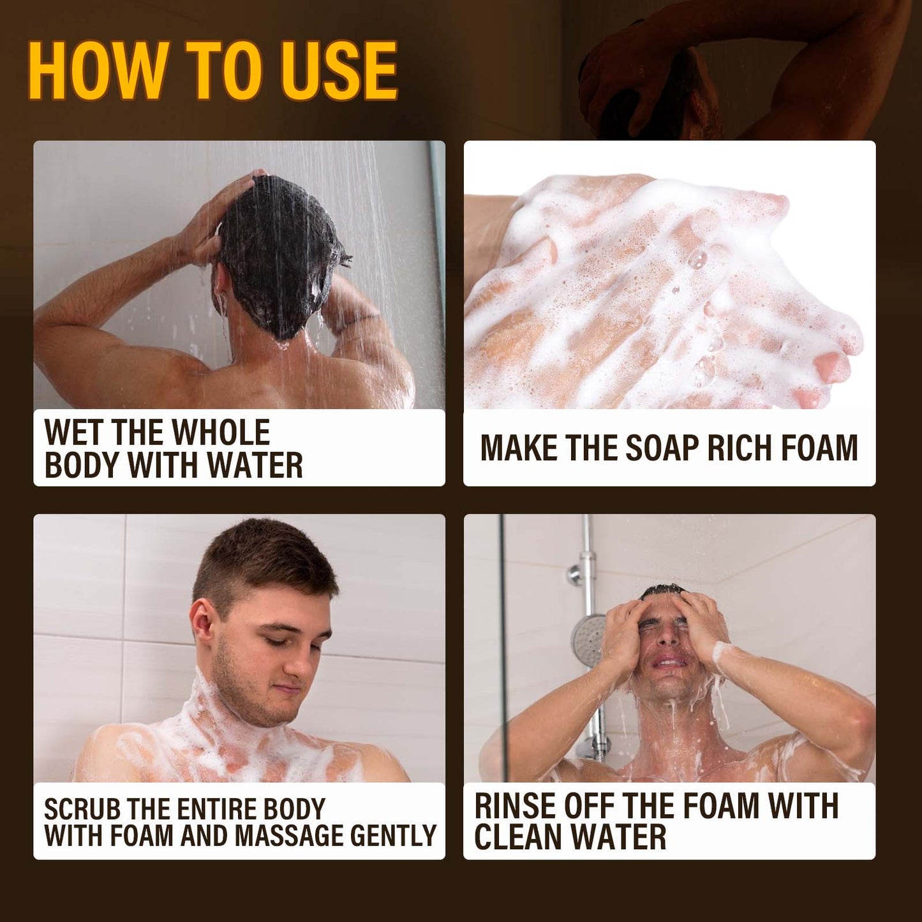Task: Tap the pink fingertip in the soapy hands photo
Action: coord(833,367)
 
